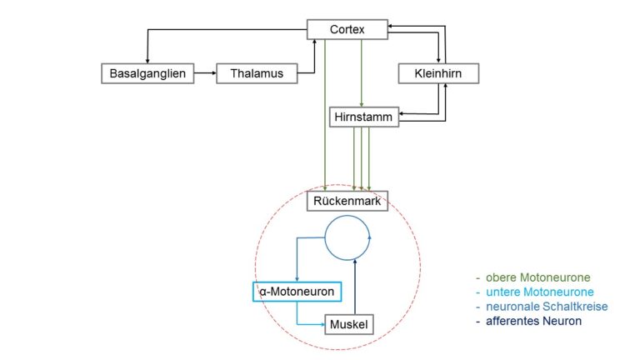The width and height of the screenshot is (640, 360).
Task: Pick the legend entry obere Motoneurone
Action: tap(538, 277)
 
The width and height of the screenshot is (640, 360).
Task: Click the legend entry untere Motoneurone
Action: tap(540, 292)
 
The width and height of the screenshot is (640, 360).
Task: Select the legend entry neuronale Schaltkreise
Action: tap(547, 307)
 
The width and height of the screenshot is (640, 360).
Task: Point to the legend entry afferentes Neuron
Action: tap(533, 321)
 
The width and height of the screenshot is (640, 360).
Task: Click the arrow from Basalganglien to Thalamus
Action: tap(205, 73)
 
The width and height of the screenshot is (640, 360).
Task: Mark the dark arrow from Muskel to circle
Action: tap(355, 287)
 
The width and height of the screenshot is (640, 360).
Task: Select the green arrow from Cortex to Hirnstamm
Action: tap(361, 73)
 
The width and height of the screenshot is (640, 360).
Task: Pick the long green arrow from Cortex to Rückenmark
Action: tap(325, 115)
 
